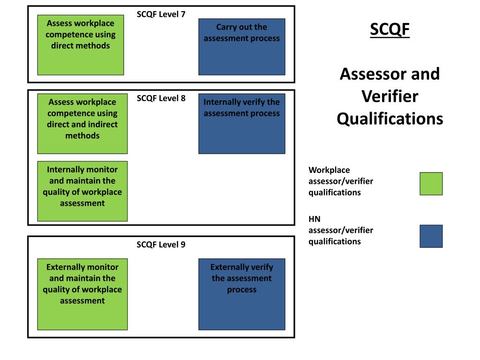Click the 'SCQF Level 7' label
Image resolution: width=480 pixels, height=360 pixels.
pyautogui.click(x=161, y=14)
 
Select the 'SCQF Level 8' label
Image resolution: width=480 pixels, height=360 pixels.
pyautogui.click(x=161, y=98)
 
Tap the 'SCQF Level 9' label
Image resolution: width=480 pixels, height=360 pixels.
pyautogui.click(x=161, y=245)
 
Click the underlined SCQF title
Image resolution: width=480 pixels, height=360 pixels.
pyautogui.click(x=390, y=30)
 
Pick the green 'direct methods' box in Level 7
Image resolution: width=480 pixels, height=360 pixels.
pyautogui.click(x=81, y=45)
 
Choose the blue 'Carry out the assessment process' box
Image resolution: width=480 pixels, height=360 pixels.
pyautogui.click(x=241, y=47)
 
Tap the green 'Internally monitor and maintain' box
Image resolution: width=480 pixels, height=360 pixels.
pyautogui.click(x=82, y=191)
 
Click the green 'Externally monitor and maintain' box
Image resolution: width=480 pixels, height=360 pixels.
pyautogui.click(x=82, y=294)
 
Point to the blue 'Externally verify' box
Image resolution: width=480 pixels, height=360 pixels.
pyautogui.click(x=241, y=294)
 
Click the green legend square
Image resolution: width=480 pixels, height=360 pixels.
pyautogui.click(x=431, y=184)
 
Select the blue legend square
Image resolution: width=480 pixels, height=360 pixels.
pyautogui.click(x=431, y=236)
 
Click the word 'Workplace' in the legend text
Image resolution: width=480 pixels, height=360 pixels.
pyautogui.click(x=329, y=170)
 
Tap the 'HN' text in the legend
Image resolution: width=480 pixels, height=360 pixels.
pyautogui.click(x=315, y=219)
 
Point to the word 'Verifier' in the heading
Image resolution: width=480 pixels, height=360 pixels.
pyautogui.click(x=390, y=97)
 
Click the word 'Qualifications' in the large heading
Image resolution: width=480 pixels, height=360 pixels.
pyautogui.click(x=390, y=119)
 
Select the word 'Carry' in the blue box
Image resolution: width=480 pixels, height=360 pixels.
pyautogui.click(x=227, y=27)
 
